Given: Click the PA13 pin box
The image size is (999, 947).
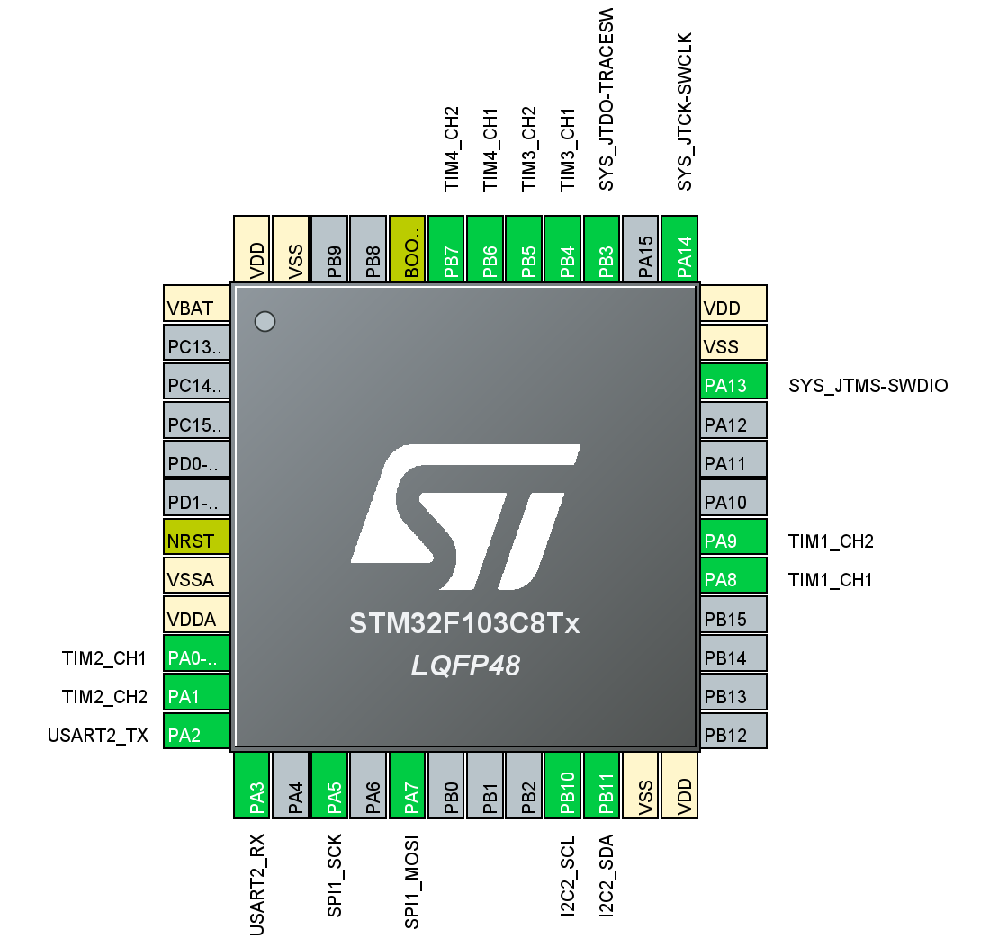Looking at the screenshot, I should pyautogui.click(x=733, y=386).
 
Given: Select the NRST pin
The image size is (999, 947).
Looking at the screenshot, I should pyautogui.click(x=196, y=541).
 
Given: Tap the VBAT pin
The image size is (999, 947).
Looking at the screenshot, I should pyautogui.click(x=196, y=308).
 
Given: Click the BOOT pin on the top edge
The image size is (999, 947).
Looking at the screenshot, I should pyautogui.click(x=407, y=249).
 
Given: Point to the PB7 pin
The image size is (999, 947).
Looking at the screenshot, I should pyautogui.click(x=445, y=249).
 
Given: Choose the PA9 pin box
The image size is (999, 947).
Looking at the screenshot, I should pyautogui.click(x=733, y=541).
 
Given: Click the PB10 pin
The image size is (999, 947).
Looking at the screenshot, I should pyautogui.click(x=562, y=785).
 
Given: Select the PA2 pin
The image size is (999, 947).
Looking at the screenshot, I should pyautogui.click(x=196, y=735).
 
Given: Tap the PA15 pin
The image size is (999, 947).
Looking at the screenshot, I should pyautogui.click(x=640, y=249).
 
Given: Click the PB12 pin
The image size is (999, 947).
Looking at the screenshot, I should pyautogui.click(x=733, y=735).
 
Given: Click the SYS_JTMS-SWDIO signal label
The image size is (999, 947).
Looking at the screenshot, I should pyautogui.click(x=868, y=386).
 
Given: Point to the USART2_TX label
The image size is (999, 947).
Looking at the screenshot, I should pyautogui.click(x=97, y=735).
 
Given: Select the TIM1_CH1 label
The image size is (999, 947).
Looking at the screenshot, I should pyautogui.click(x=830, y=580).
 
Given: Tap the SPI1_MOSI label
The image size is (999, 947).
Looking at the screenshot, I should pyautogui.click(x=411, y=885).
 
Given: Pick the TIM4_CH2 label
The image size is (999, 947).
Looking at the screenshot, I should pyautogui.click(x=452, y=148).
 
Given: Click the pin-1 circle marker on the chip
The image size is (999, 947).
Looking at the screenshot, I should pyautogui.click(x=265, y=321).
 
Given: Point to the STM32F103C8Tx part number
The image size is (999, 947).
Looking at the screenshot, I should pyautogui.click(x=464, y=623).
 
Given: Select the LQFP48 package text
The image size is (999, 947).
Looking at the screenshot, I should pyautogui.click(x=464, y=666).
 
